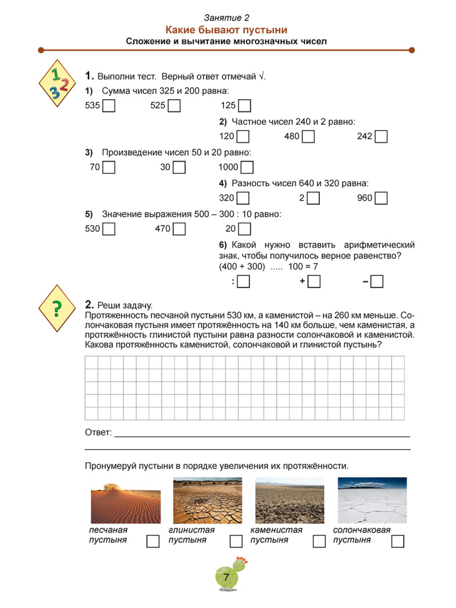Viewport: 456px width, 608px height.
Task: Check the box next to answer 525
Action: pyautogui.click(x=175, y=106)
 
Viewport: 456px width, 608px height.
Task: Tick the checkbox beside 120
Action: pyautogui.click(x=243, y=137)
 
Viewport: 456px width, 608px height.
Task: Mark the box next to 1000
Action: pyautogui.click(x=247, y=168)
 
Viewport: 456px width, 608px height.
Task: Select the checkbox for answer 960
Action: pyautogui.click(x=382, y=198)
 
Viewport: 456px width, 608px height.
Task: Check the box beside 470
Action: pyautogui.click(x=180, y=229)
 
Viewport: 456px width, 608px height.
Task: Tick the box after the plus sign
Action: pyautogui.click(x=314, y=282)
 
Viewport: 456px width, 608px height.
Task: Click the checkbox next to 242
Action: pyautogui.click(x=382, y=137)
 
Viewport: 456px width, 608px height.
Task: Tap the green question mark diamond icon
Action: pyautogui.click(x=56, y=307)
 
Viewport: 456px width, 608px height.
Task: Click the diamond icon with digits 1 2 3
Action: pyautogui.click(x=56, y=81)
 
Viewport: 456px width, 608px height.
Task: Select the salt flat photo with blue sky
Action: pyautogui.click(x=372, y=501)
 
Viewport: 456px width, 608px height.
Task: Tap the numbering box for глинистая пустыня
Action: pyautogui.click(x=236, y=542)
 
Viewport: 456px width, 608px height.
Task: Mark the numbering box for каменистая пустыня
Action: pyautogui.click(x=319, y=542)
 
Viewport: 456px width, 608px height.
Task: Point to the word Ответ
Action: pyautogui.click(x=98, y=433)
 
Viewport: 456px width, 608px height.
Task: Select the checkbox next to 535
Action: pyautogui.click(x=109, y=106)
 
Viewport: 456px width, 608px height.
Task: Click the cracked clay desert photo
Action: pyautogui.click(x=208, y=501)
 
